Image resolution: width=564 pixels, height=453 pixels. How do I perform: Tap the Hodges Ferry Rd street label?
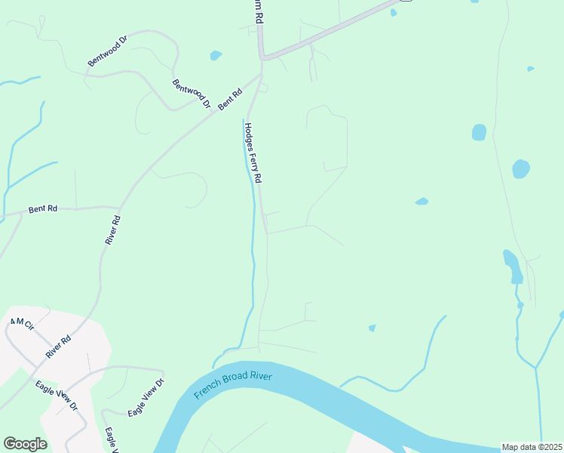click(x=253, y=153)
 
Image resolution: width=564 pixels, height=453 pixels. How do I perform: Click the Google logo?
click(x=25, y=444)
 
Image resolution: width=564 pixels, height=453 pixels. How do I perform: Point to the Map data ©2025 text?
click(x=532, y=447)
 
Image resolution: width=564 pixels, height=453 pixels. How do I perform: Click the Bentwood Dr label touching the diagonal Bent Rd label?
click(x=191, y=94)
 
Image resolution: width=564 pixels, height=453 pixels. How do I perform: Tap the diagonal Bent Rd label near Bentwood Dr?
click(x=230, y=100)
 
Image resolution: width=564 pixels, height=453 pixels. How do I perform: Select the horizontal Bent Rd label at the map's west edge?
click(x=42, y=208)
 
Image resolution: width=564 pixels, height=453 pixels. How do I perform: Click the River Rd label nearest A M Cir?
click(x=57, y=347)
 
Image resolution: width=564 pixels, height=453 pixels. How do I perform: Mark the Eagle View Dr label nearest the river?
click(x=146, y=397)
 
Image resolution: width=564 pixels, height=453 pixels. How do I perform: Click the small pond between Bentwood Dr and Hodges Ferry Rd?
click(x=216, y=55)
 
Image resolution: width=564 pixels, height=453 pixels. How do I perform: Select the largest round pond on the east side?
click(x=521, y=169)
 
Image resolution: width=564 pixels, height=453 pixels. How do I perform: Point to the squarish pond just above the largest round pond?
click(x=479, y=132)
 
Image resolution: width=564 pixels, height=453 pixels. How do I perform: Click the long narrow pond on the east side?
click(x=512, y=266)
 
